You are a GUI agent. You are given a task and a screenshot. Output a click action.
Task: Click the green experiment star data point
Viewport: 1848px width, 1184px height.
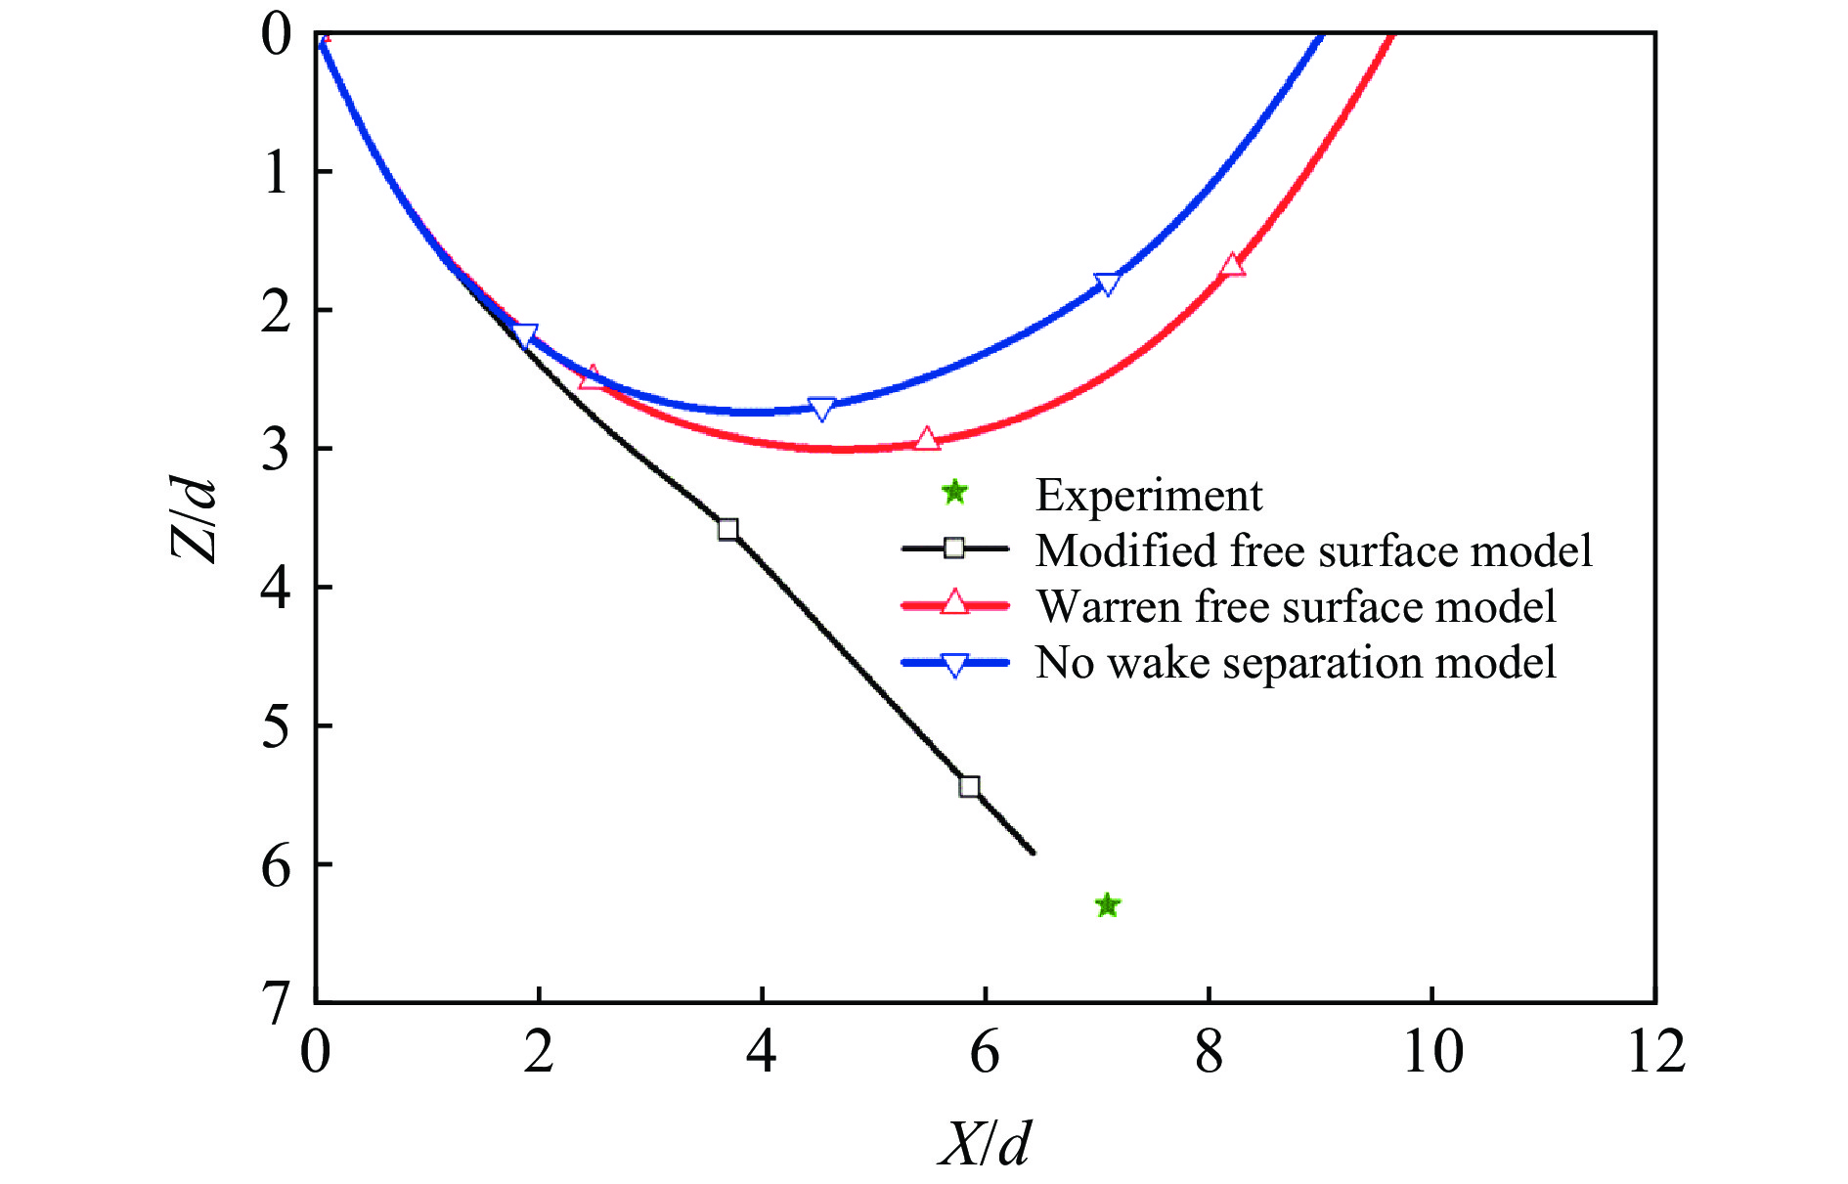(x=1107, y=905)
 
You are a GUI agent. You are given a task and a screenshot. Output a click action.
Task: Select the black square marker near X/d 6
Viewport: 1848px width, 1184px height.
(x=969, y=787)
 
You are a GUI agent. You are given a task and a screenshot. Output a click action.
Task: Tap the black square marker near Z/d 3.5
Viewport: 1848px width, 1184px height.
(x=727, y=529)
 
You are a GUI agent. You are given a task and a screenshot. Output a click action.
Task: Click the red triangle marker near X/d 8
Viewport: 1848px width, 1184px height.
(x=1232, y=265)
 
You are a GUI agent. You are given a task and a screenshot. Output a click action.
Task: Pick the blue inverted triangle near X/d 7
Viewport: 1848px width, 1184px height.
(x=1107, y=284)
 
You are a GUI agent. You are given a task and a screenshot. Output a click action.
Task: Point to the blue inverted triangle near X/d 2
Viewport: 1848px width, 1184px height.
(x=525, y=336)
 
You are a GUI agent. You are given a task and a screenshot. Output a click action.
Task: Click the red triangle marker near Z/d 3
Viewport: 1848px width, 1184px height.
(x=927, y=439)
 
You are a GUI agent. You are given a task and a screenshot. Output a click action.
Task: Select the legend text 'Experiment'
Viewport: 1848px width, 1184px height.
(x=1148, y=495)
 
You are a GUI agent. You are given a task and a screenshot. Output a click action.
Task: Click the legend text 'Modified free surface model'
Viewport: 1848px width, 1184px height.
(x=1313, y=550)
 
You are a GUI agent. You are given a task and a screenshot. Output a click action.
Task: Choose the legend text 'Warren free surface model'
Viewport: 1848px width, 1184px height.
(x=1296, y=606)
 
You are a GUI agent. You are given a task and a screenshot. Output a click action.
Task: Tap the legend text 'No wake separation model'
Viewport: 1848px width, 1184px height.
(x=1296, y=662)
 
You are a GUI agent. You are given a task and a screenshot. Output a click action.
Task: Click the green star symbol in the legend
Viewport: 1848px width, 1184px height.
(x=954, y=493)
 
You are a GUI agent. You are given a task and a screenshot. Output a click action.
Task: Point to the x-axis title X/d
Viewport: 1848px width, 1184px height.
(x=985, y=1142)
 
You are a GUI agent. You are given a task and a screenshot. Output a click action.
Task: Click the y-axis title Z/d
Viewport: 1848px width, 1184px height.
(x=193, y=518)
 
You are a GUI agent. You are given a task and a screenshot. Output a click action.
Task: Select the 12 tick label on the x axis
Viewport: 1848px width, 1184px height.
(x=1655, y=1052)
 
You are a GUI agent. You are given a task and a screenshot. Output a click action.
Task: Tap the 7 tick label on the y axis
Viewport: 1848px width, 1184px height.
(x=276, y=1001)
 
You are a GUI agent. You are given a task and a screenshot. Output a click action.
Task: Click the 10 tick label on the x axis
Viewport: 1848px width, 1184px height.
(x=1432, y=1052)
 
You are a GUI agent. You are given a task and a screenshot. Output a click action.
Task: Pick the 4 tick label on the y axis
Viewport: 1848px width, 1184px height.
(x=276, y=587)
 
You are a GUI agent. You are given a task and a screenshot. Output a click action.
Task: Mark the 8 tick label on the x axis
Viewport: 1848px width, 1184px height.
(x=1209, y=1052)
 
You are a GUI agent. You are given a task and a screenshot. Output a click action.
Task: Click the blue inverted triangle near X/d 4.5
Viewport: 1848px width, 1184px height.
(x=822, y=409)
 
